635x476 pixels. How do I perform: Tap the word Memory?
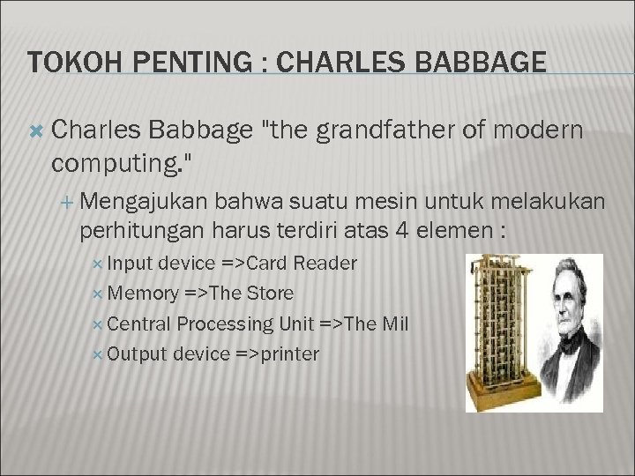[145, 293]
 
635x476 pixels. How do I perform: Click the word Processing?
[225, 324]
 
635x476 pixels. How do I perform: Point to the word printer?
[288, 353]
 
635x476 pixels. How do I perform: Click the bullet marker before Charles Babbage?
[36, 131]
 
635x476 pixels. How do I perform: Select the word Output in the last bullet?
[138, 353]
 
